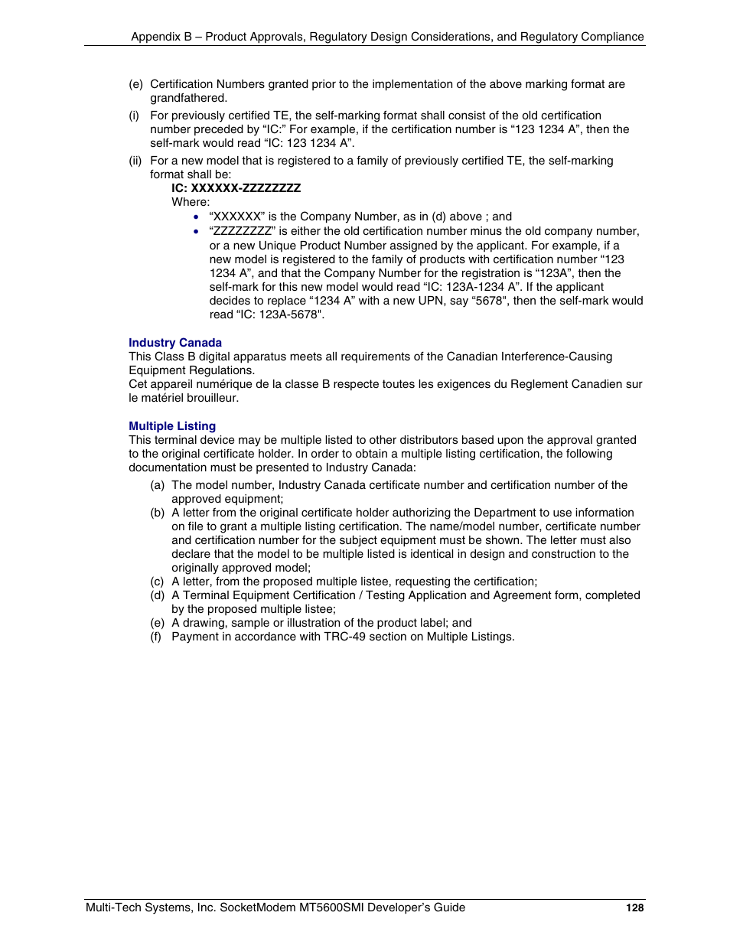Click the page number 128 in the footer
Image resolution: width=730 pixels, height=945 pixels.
[634, 908]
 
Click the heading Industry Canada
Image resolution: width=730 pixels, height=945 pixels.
[175, 343]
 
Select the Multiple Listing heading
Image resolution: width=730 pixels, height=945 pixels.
[172, 426]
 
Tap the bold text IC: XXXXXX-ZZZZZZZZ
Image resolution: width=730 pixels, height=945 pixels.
[236, 188]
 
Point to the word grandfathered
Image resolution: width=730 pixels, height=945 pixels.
[188, 98]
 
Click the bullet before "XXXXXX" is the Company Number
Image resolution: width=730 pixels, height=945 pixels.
[197, 217]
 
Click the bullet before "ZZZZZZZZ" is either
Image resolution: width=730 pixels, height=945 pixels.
[197, 231]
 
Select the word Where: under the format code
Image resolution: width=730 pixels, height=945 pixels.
[191, 202]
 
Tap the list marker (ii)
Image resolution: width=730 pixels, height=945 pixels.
[135, 161]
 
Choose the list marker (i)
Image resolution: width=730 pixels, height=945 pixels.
[134, 116]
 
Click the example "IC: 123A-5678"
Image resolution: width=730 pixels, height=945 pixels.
[267, 314]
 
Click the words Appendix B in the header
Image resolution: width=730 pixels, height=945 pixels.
[161, 37]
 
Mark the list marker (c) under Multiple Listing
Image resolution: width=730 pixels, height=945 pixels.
[157, 582]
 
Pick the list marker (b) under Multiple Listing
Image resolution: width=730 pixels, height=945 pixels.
[157, 513]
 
